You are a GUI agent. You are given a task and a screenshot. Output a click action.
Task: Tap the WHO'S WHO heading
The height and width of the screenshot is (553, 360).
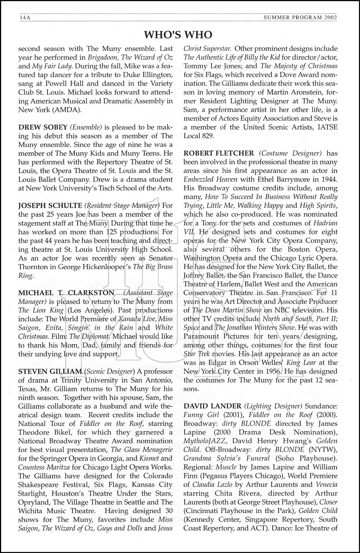178,35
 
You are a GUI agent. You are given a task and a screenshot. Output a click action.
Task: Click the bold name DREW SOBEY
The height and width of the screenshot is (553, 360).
43,128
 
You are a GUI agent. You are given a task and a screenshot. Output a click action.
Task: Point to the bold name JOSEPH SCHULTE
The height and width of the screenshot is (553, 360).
50,206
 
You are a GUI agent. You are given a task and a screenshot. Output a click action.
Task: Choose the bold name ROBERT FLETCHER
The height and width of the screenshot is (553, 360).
219,153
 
